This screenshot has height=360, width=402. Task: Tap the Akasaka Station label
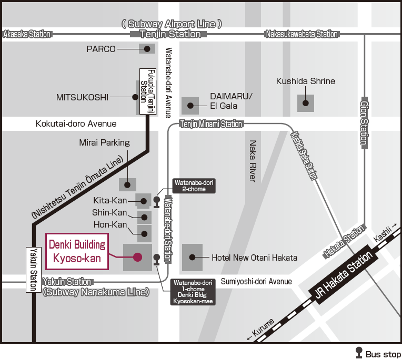click(27, 34)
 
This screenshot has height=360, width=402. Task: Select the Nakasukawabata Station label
click(301, 34)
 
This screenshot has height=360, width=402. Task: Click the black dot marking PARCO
click(147, 49)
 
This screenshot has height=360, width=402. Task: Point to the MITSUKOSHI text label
click(82, 97)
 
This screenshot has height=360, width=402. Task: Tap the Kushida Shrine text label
click(306, 81)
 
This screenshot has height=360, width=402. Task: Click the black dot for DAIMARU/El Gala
click(190, 106)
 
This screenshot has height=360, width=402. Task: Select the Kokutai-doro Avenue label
click(76, 124)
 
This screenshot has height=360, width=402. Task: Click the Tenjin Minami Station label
click(211, 124)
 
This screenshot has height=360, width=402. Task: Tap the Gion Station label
click(363, 122)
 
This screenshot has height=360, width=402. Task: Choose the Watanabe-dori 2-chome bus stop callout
click(193, 186)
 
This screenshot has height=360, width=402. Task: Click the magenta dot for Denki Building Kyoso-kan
click(137, 257)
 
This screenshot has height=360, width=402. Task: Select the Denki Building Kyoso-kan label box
click(77, 251)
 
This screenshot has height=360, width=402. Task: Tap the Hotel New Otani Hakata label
click(254, 258)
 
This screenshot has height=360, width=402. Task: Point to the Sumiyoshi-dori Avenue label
click(256, 282)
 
